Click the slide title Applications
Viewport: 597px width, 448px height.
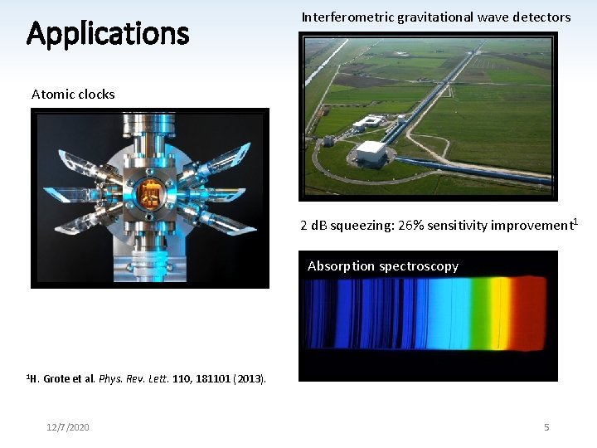pyautogui.click(x=108, y=34)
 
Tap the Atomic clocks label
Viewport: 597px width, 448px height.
pyautogui.click(x=73, y=94)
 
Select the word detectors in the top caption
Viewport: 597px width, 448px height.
pyautogui.click(x=542, y=17)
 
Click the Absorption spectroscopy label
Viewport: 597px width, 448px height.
pyautogui.click(x=382, y=266)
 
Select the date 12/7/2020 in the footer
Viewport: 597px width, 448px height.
pyautogui.click(x=68, y=427)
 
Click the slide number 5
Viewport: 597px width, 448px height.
pyautogui.click(x=546, y=427)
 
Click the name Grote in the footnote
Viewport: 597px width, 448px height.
pyautogui.click(x=58, y=379)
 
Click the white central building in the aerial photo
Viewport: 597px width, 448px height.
pyautogui.click(x=371, y=152)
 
